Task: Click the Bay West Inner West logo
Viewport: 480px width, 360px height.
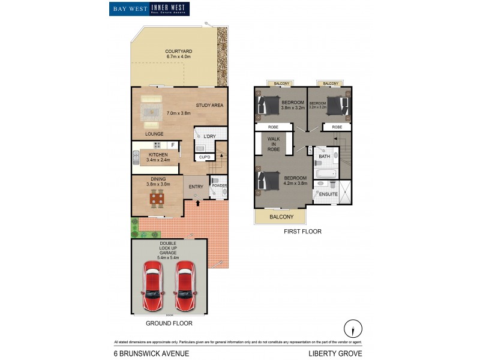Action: click(149, 8)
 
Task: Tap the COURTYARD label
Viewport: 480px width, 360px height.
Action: click(178, 52)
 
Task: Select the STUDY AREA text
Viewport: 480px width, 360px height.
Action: click(209, 106)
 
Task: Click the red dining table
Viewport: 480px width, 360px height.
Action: click(157, 198)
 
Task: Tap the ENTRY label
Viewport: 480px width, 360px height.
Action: click(196, 187)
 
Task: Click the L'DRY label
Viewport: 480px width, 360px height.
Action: click(209, 137)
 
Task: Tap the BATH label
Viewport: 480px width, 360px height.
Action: click(325, 157)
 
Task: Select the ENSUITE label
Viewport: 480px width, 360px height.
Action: click(328, 194)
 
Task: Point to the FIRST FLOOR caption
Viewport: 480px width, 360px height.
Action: click(303, 231)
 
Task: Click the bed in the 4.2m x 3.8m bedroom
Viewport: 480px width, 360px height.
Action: click(269, 182)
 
